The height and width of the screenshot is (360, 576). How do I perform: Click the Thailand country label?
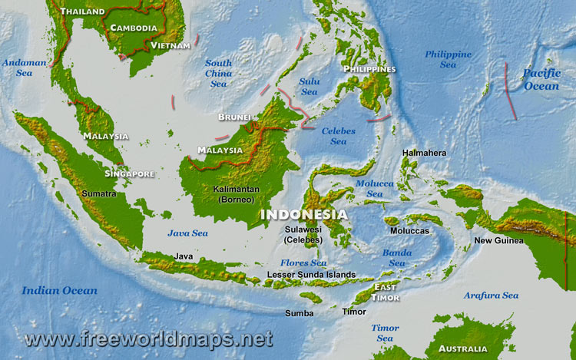click(x=83, y=12)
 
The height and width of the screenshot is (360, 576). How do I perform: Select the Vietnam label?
click(x=170, y=46)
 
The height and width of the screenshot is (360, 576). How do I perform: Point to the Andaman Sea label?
click(x=24, y=68)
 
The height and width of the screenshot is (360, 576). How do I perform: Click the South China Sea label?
click(x=218, y=73)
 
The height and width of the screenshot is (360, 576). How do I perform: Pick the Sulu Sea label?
click(x=309, y=86)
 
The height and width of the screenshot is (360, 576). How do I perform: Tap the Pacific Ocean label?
click(x=541, y=80)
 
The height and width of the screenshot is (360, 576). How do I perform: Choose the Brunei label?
click(x=234, y=117)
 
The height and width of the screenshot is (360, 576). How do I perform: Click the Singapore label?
click(x=129, y=173)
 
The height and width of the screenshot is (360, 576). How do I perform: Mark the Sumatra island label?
click(x=99, y=194)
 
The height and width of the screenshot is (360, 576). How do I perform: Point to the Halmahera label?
click(x=424, y=153)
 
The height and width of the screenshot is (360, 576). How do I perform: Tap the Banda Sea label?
click(x=396, y=257)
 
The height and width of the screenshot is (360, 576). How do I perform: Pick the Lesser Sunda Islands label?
click(x=311, y=274)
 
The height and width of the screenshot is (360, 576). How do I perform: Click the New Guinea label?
click(x=498, y=240)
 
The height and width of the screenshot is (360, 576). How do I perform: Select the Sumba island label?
click(x=299, y=313)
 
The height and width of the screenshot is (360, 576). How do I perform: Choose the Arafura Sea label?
click(x=491, y=296)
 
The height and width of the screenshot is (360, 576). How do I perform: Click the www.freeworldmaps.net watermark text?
click(x=148, y=338)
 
